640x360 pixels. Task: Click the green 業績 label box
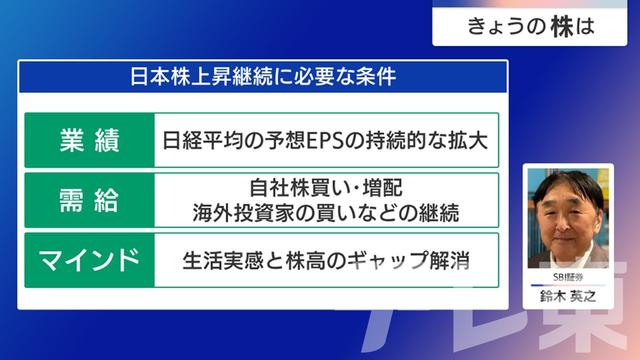pyautogui.click(x=88, y=140)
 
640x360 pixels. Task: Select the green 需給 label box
pyautogui.click(x=88, y=199)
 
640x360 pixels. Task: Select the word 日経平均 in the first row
pyautogui.click(x=203, y=140)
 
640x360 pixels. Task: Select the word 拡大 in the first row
pyautogui.click(x=469, y=140)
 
